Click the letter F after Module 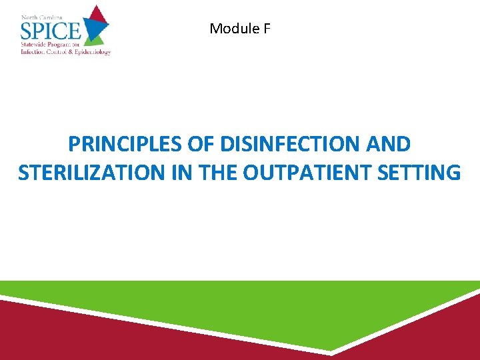[x=266, y=29]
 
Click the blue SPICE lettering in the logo [x=51, y=31]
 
